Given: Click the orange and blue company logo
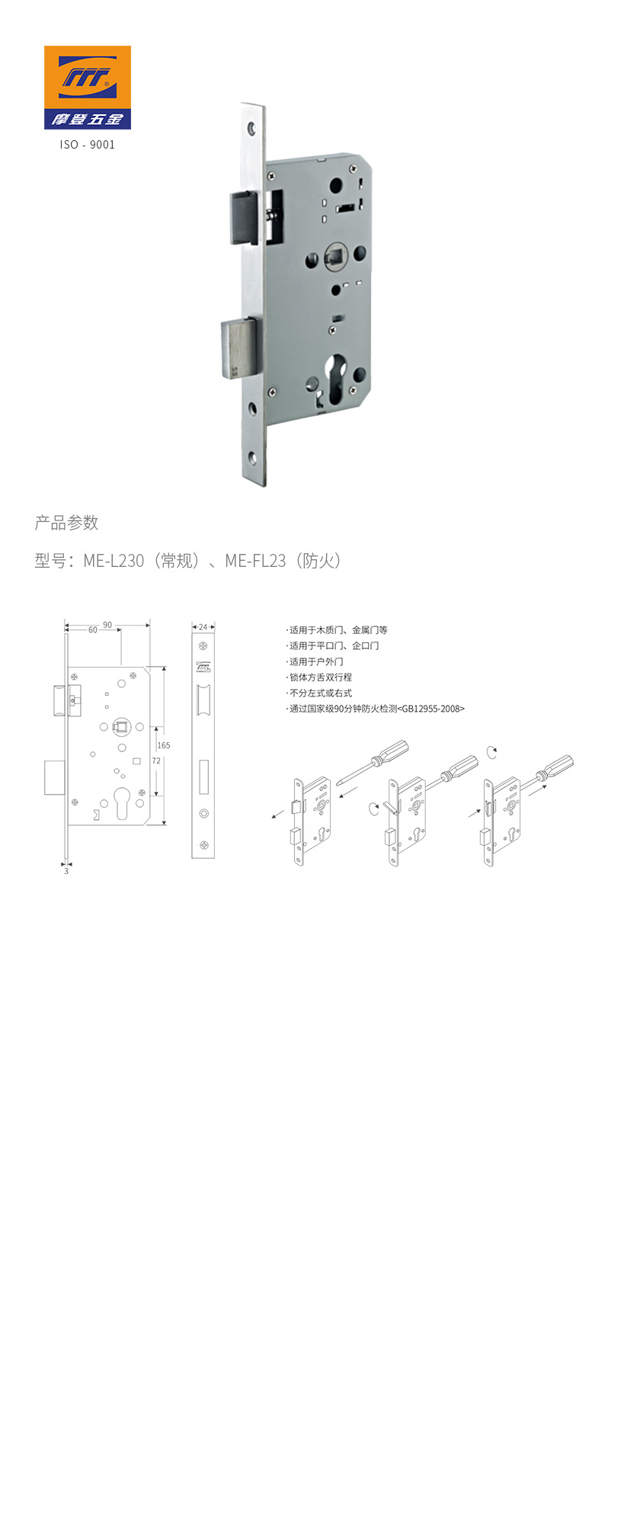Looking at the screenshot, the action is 88,87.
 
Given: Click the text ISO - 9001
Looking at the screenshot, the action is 88,144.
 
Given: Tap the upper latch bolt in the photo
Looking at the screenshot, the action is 247,217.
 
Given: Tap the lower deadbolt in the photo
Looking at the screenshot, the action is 242,347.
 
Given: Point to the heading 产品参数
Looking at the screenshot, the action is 67,523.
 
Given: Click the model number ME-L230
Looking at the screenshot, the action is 114,561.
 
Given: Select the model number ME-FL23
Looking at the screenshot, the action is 255,561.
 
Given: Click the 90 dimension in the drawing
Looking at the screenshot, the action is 107,625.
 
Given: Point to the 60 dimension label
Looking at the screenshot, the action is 93,630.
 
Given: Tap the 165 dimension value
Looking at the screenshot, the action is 164,745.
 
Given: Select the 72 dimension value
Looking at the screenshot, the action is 156,760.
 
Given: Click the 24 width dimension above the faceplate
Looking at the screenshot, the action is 203,627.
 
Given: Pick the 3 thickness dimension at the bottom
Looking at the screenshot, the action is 66,871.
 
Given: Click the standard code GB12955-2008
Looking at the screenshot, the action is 431,709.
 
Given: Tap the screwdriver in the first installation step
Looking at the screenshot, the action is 373,761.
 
